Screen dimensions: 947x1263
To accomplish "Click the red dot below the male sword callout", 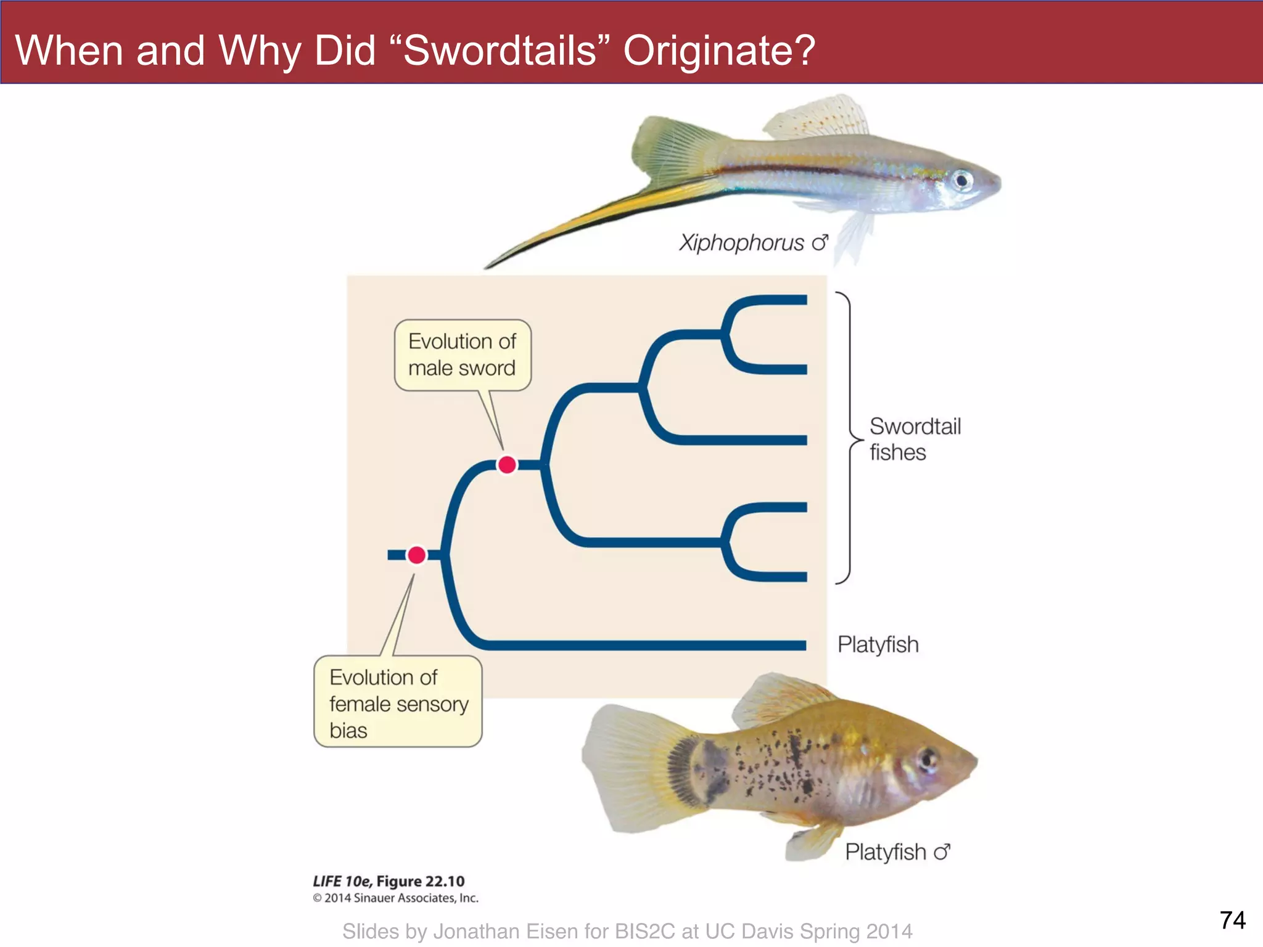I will (507, 464).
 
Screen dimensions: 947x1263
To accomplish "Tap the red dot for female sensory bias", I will (417, 555).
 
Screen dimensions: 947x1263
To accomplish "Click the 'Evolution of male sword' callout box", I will (463, 355).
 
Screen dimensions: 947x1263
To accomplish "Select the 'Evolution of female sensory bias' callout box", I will (398, 703).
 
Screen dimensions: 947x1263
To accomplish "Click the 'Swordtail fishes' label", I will (914, 439).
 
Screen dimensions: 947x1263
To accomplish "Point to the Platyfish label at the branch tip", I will (878, 645).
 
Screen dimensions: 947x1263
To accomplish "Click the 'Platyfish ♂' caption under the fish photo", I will (897, 852).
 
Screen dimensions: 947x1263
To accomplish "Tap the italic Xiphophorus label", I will (741, 243).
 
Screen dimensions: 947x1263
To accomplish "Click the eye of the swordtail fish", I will (962, 181).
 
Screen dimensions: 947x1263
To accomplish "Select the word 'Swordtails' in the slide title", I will (500, 51).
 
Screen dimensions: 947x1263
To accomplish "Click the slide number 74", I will (1232, 920).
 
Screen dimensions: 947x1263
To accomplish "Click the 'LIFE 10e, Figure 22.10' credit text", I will (389, 881).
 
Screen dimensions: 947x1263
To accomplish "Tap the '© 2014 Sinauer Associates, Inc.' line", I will (395, 898).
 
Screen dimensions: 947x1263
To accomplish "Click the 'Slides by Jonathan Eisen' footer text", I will (627, 931).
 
